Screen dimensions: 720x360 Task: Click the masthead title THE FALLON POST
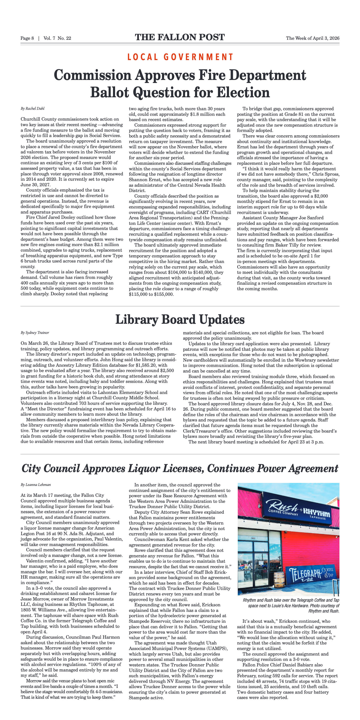(180, 37)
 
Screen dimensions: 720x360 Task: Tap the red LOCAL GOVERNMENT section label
(180, 57)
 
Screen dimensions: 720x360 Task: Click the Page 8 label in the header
(27, 38)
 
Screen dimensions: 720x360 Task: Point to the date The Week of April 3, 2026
(312, 38)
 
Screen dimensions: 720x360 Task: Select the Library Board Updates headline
(180, 320)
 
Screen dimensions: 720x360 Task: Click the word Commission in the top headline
(92, 76)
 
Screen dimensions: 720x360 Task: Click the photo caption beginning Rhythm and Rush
(291, 605)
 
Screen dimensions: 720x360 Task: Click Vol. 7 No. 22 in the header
(57, 38)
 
